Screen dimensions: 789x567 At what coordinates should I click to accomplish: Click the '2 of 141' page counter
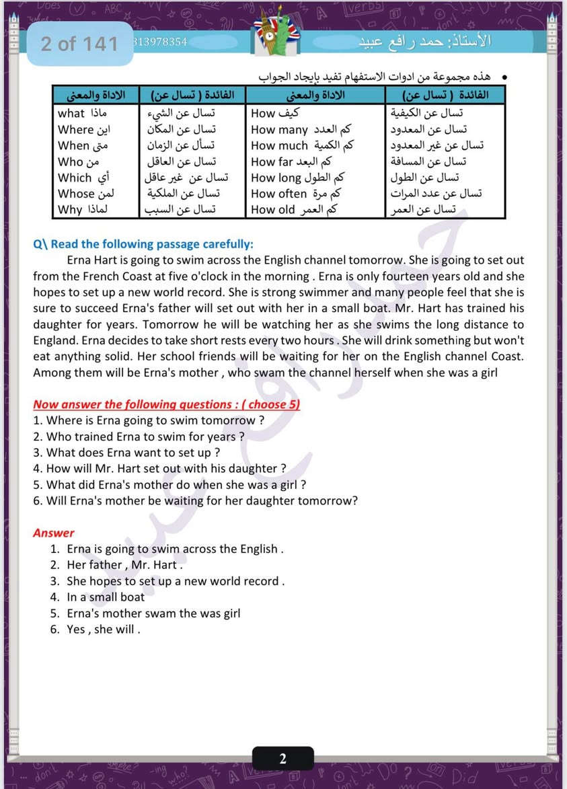tap(79, 44)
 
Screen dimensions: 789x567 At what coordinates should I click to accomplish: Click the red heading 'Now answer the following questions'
tap(166, 404)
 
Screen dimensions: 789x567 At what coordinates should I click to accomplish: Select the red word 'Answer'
tap(54, 533)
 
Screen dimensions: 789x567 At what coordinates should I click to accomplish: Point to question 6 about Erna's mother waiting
tap(195, 500)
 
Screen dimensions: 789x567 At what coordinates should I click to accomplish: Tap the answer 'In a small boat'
tap(106, 597)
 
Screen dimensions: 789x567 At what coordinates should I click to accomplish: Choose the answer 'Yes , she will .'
tap(103, 630)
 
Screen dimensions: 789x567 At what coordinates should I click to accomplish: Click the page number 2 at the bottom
tap(283, 759)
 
